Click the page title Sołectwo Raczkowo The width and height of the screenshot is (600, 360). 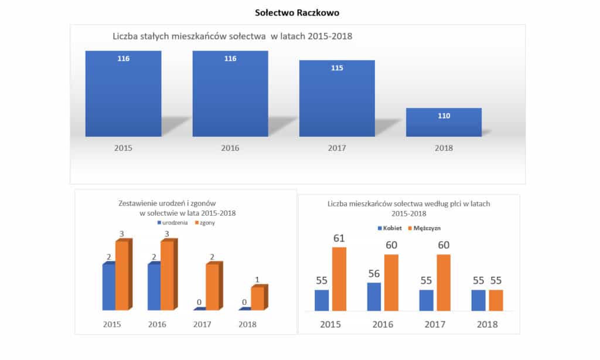coord(299,12)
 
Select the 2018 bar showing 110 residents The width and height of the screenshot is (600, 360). coord(444,123)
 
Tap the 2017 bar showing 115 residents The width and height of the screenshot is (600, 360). coord(337,98)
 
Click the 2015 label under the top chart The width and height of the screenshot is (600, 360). coord(123,148)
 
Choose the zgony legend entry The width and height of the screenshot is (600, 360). coord(204,223)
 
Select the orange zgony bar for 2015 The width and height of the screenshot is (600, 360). coord(121,276)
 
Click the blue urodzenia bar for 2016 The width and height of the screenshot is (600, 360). coord(154,287)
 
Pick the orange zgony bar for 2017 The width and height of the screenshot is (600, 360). coord(212,287)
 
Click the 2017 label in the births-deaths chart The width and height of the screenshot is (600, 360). coord(203,324)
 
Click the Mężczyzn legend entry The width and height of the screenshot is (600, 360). coord(428,227)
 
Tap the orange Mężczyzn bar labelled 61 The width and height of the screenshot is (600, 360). coord(339,279)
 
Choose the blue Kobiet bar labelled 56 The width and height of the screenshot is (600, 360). coord(374,297)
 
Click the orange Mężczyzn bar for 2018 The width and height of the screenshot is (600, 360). coord(496,300)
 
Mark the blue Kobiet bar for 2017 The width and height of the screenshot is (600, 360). coord(427,300)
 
